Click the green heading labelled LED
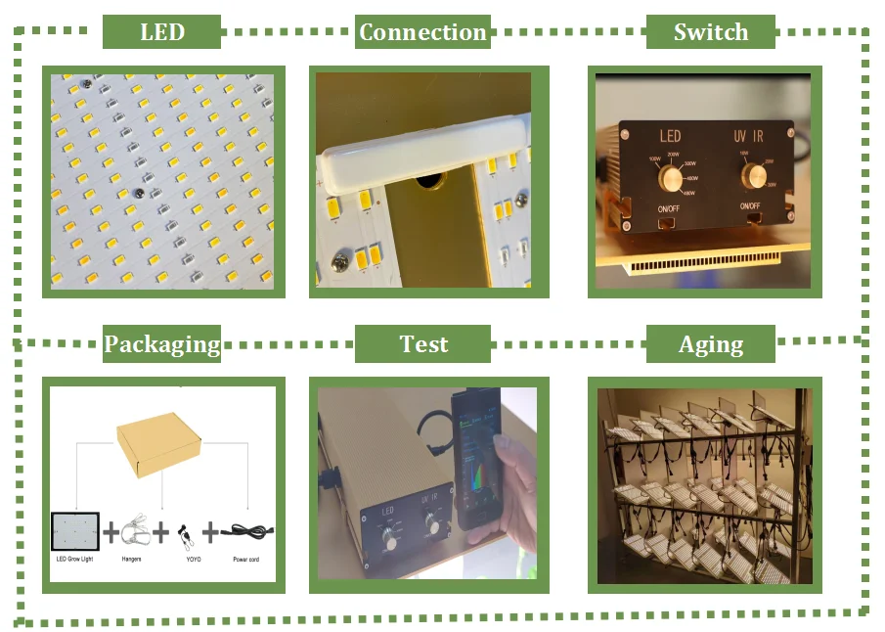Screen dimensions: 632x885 (161, 32)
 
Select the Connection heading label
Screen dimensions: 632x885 (422, 32)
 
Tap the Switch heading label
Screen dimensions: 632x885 (711, 32)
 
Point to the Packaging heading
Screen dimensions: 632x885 (162, 344)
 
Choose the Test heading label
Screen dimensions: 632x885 (423, 344)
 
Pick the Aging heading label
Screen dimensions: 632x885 (711, 344)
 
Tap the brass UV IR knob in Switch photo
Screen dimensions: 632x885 (753, 176)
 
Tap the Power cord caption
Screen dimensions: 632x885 (245, 559)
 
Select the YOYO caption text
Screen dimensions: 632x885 (185, 559)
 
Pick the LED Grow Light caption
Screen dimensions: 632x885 (75, 559)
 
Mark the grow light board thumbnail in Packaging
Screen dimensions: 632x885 (76, 531)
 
